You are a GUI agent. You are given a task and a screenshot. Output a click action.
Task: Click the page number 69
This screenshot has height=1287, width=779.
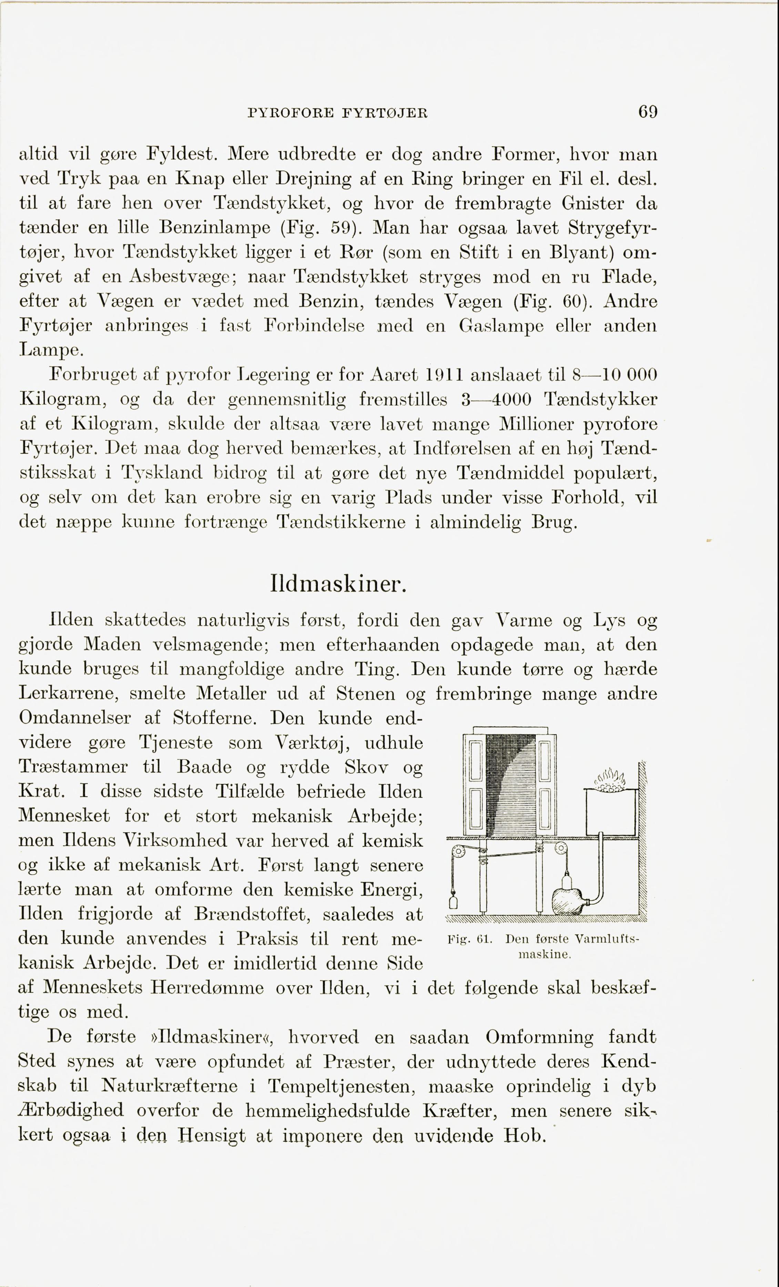click(647, 112)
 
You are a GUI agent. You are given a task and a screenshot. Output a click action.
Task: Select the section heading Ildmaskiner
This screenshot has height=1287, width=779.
click(338, 584)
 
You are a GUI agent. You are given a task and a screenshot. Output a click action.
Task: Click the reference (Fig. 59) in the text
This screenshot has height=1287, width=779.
click(318, 228)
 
